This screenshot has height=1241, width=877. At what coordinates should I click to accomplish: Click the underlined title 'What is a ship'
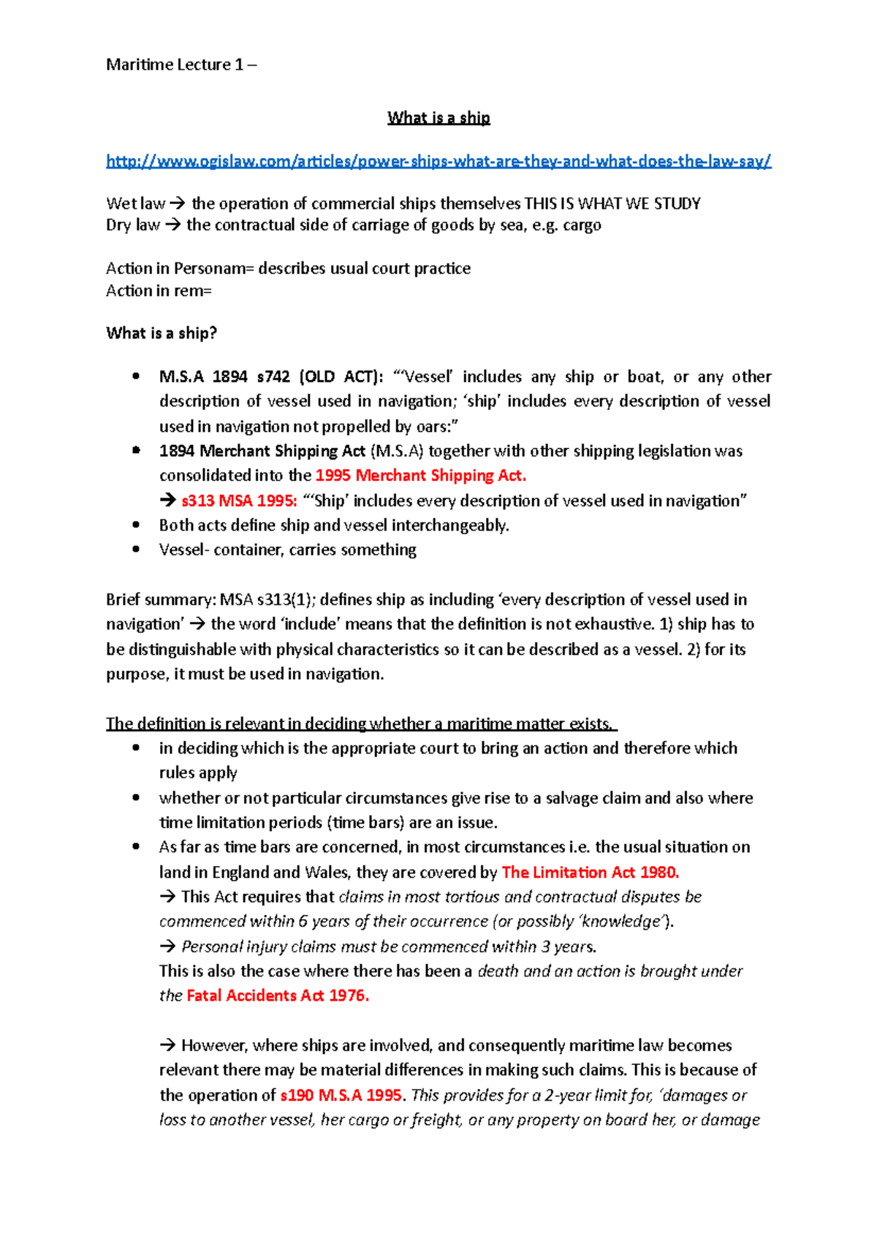(438, 118)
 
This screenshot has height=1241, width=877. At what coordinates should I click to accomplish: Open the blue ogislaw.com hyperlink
(438, 162)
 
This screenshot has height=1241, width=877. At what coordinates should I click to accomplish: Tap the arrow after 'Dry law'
(172, 225)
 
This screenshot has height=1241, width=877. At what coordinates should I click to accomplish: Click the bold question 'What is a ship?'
(162, 333)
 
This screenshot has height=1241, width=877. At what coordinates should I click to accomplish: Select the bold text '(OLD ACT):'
(340, 377)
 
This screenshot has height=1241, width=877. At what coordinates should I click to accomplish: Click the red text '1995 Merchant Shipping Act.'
(420, 476)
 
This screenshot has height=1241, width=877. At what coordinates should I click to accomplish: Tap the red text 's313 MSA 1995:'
(239, 501)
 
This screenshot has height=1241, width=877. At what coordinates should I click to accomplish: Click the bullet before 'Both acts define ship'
(136, 525)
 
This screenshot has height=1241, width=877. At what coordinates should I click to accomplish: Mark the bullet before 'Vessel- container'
(136, 550)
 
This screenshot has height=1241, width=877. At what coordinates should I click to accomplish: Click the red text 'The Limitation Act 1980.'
(591, 873)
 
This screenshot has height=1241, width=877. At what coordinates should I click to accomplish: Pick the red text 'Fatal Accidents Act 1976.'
(278, 996)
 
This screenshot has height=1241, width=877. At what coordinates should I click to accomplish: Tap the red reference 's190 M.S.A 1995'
(341, 1096)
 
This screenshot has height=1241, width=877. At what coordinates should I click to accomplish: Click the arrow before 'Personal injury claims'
(168, 947)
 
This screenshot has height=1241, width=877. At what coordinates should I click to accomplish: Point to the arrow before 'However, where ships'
(168, 1046)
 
